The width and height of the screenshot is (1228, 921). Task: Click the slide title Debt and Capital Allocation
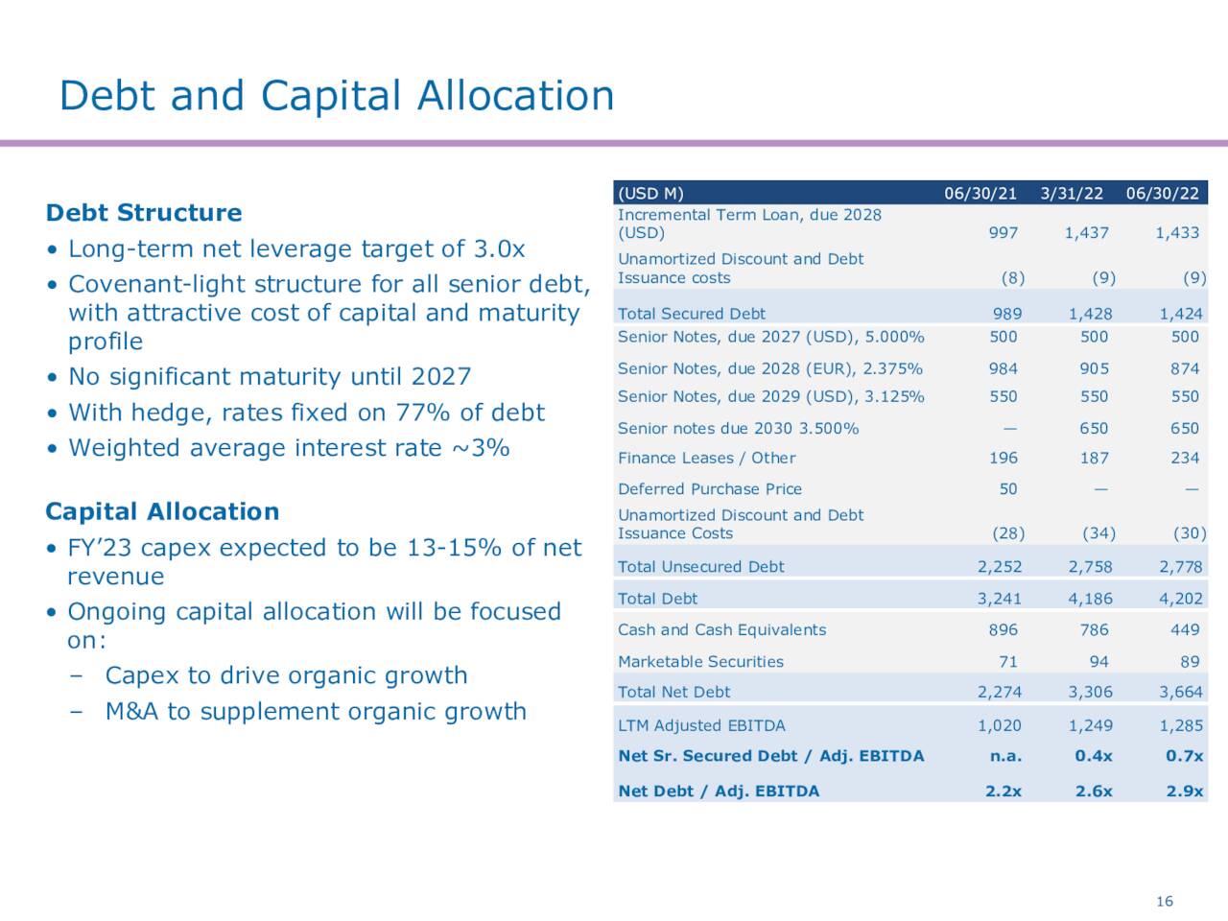pyautogui.click(x=336, y=96)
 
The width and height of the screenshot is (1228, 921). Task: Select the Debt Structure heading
pyautogui.click(x=144, y=213)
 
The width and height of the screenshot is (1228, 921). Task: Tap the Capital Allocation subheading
pyautogui.click(x=162, y=511)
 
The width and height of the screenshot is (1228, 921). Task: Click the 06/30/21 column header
pyautogui.click(x=980, y=193)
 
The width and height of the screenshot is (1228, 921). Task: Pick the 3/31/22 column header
pyautogui.click(x=1072, y=193)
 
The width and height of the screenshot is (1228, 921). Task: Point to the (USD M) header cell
pyautogui.click(x=650, y=193)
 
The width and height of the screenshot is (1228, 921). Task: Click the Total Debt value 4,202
pyautogui.click(x=1180, y=599)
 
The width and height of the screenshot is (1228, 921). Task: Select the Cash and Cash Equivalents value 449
pyautogui.click(x=1185, y=630)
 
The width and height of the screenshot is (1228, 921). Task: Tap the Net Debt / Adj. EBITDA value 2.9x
pyautogui.click(x=1185, y=791)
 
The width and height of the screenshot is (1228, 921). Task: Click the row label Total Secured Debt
pyautogui.click(x=692, y=314)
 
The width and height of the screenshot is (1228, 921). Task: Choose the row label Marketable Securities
pyautogui.click(x=700, y=662)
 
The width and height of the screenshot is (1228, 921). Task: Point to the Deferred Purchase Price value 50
pyautogui.click(x=1007, y=489)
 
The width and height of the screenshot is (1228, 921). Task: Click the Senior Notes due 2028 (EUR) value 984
pyautogui.click(x=1004, y=368)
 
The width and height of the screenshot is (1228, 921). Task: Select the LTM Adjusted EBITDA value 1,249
pyautogui.click(x=1090, y=726)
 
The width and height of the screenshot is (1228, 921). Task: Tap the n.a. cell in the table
pyautogui.click(x=1005, y=756)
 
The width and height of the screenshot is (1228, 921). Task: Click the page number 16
pyautogui.click(x=1165, y=901)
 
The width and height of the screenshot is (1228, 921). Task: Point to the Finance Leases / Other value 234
pyautogui.click(x=1185, y=459)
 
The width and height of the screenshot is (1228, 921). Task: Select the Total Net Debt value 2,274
pyautogui.click(x=999, y=693)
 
